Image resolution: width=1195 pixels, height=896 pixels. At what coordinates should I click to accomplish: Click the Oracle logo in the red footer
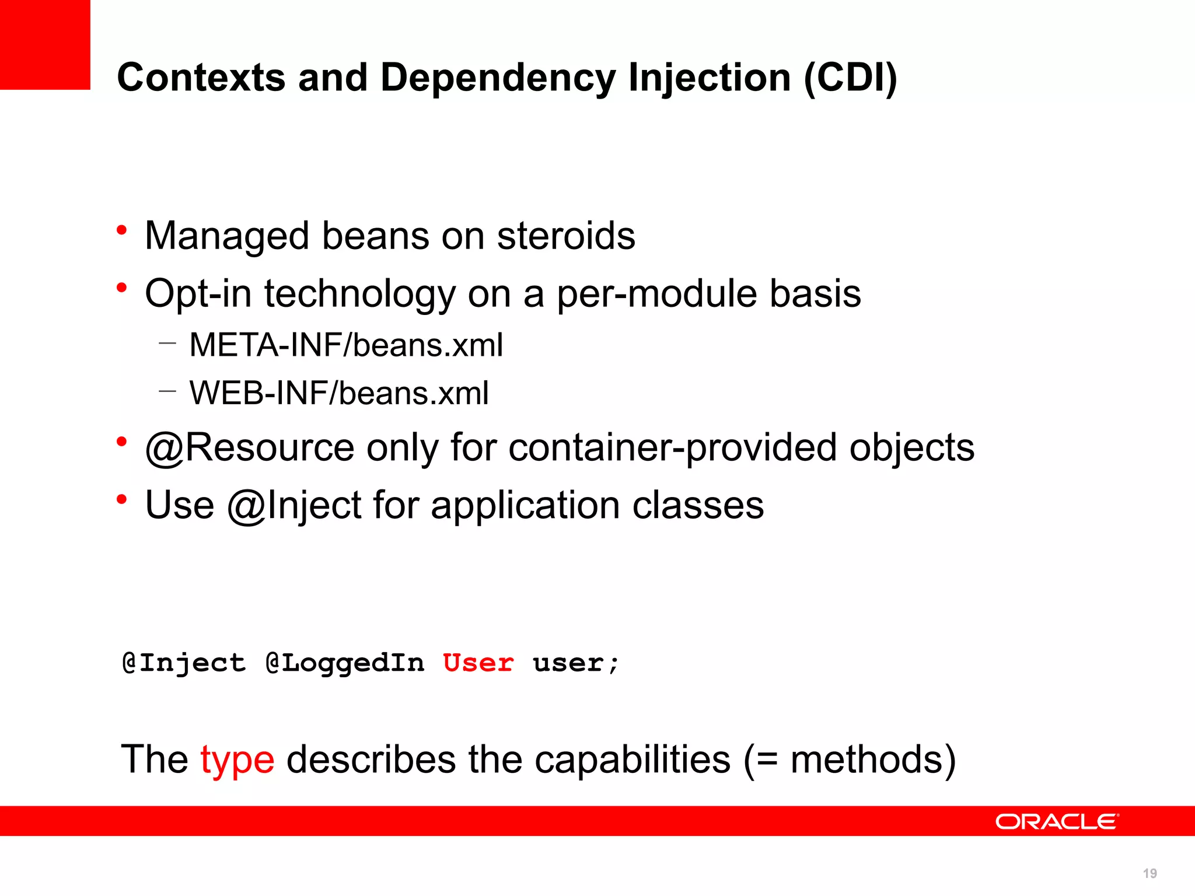pos(1057,821)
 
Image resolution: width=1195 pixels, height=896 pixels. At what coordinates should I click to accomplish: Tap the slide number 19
pos(1149,873)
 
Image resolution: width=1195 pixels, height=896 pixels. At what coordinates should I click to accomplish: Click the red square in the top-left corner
pos(45,44)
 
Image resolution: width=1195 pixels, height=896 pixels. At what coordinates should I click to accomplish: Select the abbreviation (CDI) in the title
pos(850,78)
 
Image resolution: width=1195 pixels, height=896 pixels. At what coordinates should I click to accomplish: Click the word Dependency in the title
pos(497,78)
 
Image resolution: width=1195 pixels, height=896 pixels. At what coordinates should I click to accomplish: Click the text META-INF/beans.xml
pos(346,345)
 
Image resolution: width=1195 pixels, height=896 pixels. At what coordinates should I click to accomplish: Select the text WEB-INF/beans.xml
pos(339,393)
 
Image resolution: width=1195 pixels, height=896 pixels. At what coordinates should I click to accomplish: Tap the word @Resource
pos(249,448)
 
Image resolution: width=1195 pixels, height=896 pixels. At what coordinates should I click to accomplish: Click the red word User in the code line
pos(478,663)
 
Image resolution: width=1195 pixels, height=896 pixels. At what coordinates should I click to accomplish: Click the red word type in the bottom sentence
pos(237,761)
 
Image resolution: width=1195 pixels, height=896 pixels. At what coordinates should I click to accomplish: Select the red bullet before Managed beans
pos(121,230)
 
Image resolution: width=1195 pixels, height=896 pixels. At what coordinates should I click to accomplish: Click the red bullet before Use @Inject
pos(121,499)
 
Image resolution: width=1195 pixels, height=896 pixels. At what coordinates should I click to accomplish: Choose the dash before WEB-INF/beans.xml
pos(167,391)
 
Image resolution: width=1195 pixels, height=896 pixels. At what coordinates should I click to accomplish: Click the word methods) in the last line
pos(873,759)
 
